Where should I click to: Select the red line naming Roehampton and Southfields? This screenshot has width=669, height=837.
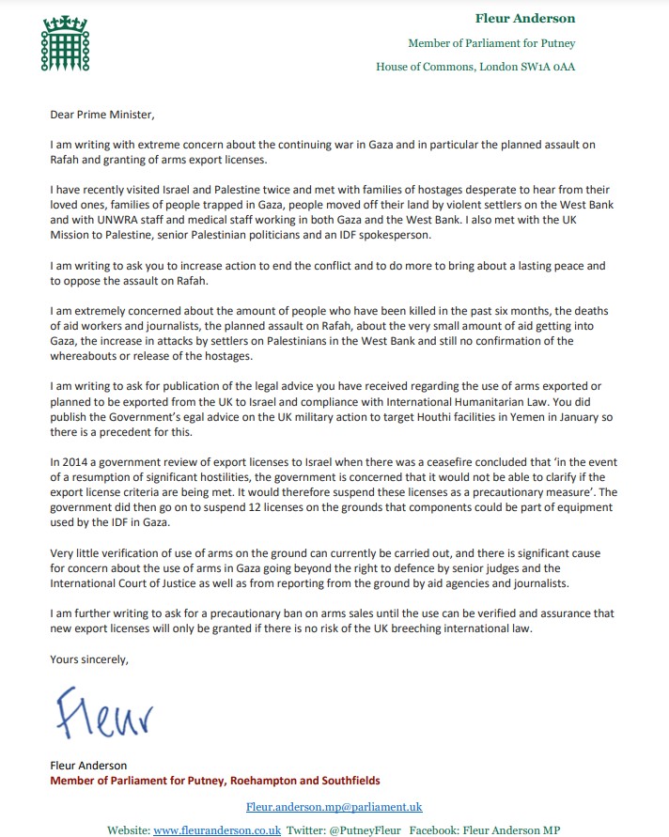tap(216, 781)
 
